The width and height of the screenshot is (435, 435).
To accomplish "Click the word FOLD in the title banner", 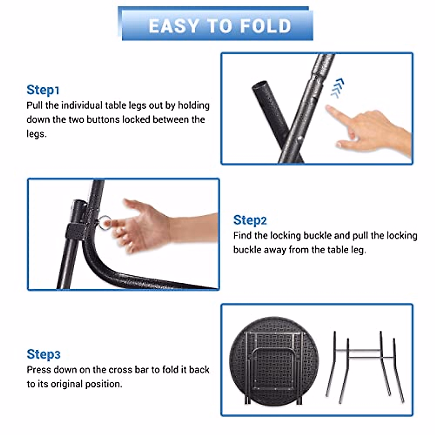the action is pyautogui.click(x=266, y=26).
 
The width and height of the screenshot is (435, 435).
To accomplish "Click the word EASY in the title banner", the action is pyautogui.click(x=174, y=26).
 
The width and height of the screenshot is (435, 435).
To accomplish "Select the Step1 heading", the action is pyautogui.click(x=43, y=90).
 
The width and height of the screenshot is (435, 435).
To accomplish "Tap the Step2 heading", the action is pyautogui.click(x=250, y=220).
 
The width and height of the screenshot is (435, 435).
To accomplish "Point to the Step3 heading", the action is pyautogui.click(x=43, y=354).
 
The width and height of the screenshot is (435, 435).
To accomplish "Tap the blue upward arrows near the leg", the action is pyautogui.click(x=337, y=88).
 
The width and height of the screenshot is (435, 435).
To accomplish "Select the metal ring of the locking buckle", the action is pyautogui.click(x=104, y=222).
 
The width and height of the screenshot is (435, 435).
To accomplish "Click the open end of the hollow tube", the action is pyautogui.click(x=260, y=85).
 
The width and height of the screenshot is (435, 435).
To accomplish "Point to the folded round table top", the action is pyautogui.click(x=274, y=361).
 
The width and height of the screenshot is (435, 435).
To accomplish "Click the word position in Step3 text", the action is pyautogui.click(x=104, y=384).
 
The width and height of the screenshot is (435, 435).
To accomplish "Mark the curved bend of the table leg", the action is pyautogui.click(x=95, y=261).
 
